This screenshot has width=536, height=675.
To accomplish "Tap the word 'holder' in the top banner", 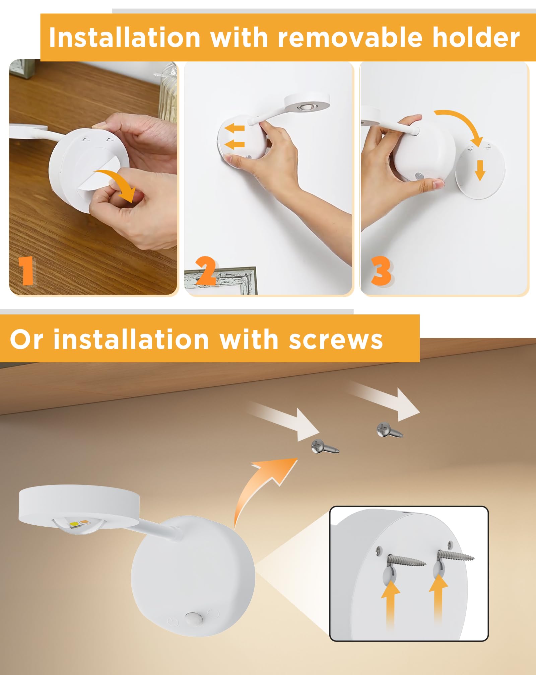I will coord(476,37).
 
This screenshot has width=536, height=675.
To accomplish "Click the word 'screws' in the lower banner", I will coord(336,340).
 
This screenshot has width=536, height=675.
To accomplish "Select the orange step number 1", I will coord(26,271).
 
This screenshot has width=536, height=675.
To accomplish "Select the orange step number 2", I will coord(205,271).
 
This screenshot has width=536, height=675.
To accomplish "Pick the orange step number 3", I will coord(381,271).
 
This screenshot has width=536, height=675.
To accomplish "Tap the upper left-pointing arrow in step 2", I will coord(234,128).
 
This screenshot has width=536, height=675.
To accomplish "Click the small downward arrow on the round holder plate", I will coord(480,170).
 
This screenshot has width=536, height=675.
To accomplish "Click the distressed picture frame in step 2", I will coord(228,280).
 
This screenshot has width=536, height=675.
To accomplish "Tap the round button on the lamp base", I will coord(192,618).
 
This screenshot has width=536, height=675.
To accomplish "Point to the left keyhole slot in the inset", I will coord(389,576).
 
